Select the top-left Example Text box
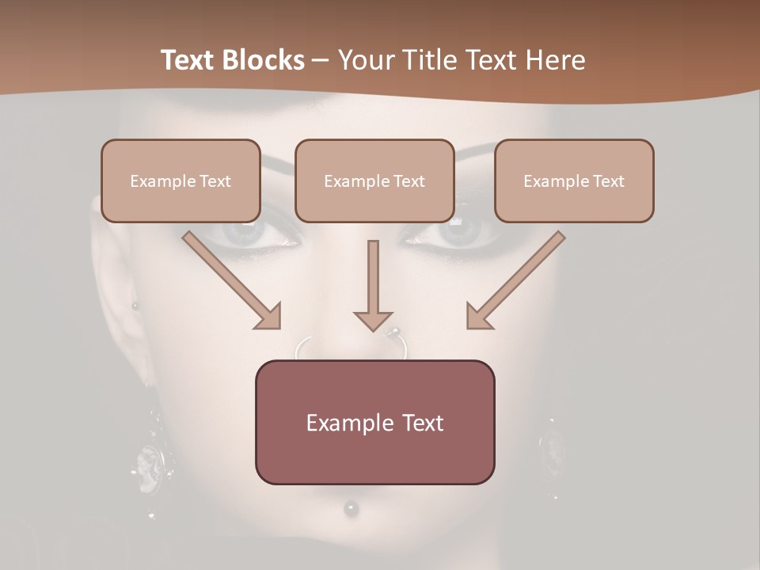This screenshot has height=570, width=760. click(180, 181)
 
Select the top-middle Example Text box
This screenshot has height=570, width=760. click(374, 181)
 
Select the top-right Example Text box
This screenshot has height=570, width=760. click(574, 181)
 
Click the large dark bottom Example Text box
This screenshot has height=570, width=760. click(374, 423)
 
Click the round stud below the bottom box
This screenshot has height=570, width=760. click(350, 507)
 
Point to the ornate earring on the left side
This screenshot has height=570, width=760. click(149, 459)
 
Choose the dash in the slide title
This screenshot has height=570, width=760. click(321, 60)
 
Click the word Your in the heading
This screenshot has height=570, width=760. click(367, 60)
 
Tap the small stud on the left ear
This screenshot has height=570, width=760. click(135, 306)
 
